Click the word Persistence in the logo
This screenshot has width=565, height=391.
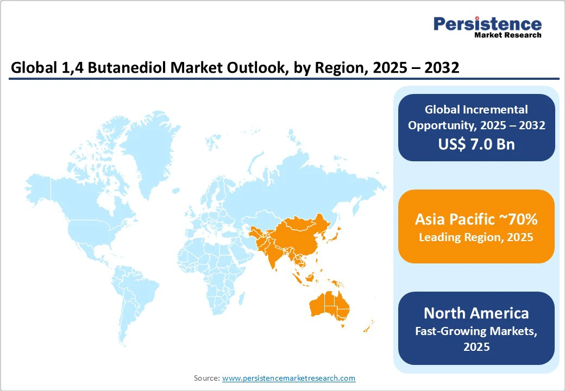487,24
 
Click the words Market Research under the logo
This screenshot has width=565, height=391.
507,35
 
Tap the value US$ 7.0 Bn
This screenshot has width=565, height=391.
476,144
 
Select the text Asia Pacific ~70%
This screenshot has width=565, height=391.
476,219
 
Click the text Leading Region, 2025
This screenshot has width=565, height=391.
476,237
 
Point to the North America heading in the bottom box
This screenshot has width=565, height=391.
476,313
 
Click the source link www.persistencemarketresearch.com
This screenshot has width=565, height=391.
288,378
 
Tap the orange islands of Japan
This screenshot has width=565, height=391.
335,234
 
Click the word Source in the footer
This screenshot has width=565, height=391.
206,378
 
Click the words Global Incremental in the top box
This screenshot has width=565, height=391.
476,110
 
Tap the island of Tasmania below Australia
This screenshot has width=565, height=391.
343,326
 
